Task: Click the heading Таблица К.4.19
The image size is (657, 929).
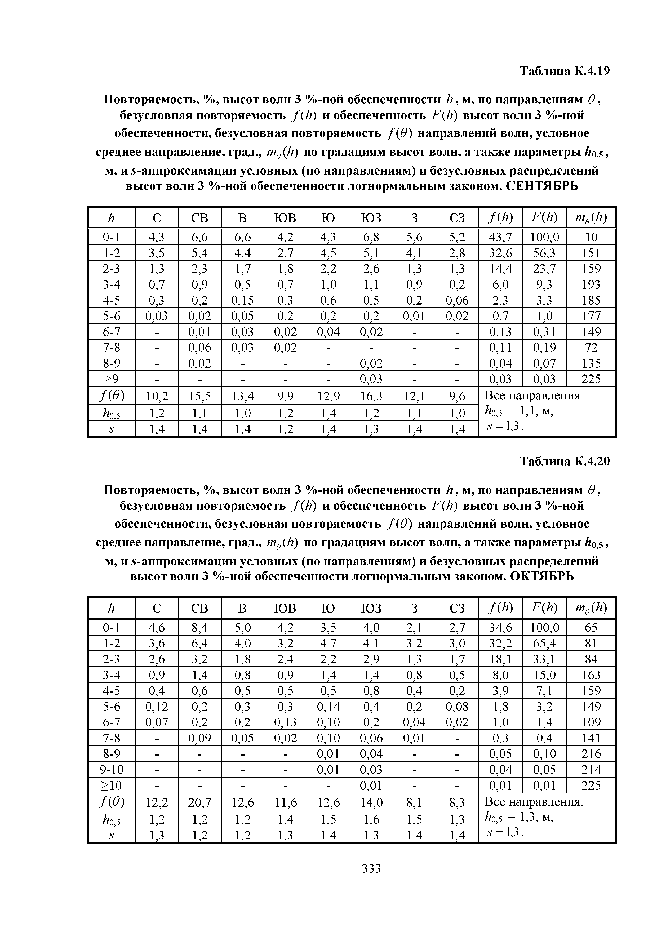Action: pyautogui.click(x=564, y=71)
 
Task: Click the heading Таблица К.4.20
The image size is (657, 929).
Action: pyautogui.click(x=564, y=461)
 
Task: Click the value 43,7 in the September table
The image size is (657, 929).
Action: pyautogui.click(x=500, y=237)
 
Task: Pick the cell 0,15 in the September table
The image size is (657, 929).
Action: pyautogui.click(x=242, y=300)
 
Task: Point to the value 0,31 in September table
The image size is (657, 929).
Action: pyautogui.click(x=544, y=332)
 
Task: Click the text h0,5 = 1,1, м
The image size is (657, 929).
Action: pyautogui.click(x=519, y=412)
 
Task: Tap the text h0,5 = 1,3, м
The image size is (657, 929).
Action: pyautogui.click(x=519, y=818)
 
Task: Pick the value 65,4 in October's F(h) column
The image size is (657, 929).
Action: pyautogui.click(x=544, y=643)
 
